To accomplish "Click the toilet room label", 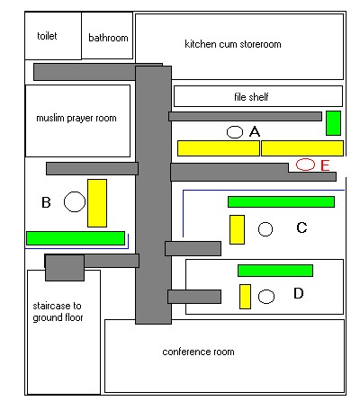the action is click(47, 36).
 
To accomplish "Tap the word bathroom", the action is click(108, 38).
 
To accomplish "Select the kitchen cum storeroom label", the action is click(233, 44).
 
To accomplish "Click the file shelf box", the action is click(258, 96).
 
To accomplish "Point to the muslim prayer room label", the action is click(76, 118).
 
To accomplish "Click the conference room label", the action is click(198, 352).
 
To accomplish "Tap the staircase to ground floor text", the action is click(58, 312).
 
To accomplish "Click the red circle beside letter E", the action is click(305, 165).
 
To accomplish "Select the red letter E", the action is click(325, 165).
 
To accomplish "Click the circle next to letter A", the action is click(235, 132).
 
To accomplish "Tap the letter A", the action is click(255, 131).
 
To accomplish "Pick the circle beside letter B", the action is click(75, 201).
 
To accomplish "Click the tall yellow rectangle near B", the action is click(97, 203).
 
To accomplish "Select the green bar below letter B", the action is click(76, 238).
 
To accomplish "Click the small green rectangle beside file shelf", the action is click(333, 123).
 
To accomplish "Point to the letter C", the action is click(301, 227).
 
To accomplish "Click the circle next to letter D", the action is click(266, 297).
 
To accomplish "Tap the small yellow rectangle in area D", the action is click(245, 297).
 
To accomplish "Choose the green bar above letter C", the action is click(281, 201).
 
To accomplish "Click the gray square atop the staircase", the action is click(65, 268).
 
